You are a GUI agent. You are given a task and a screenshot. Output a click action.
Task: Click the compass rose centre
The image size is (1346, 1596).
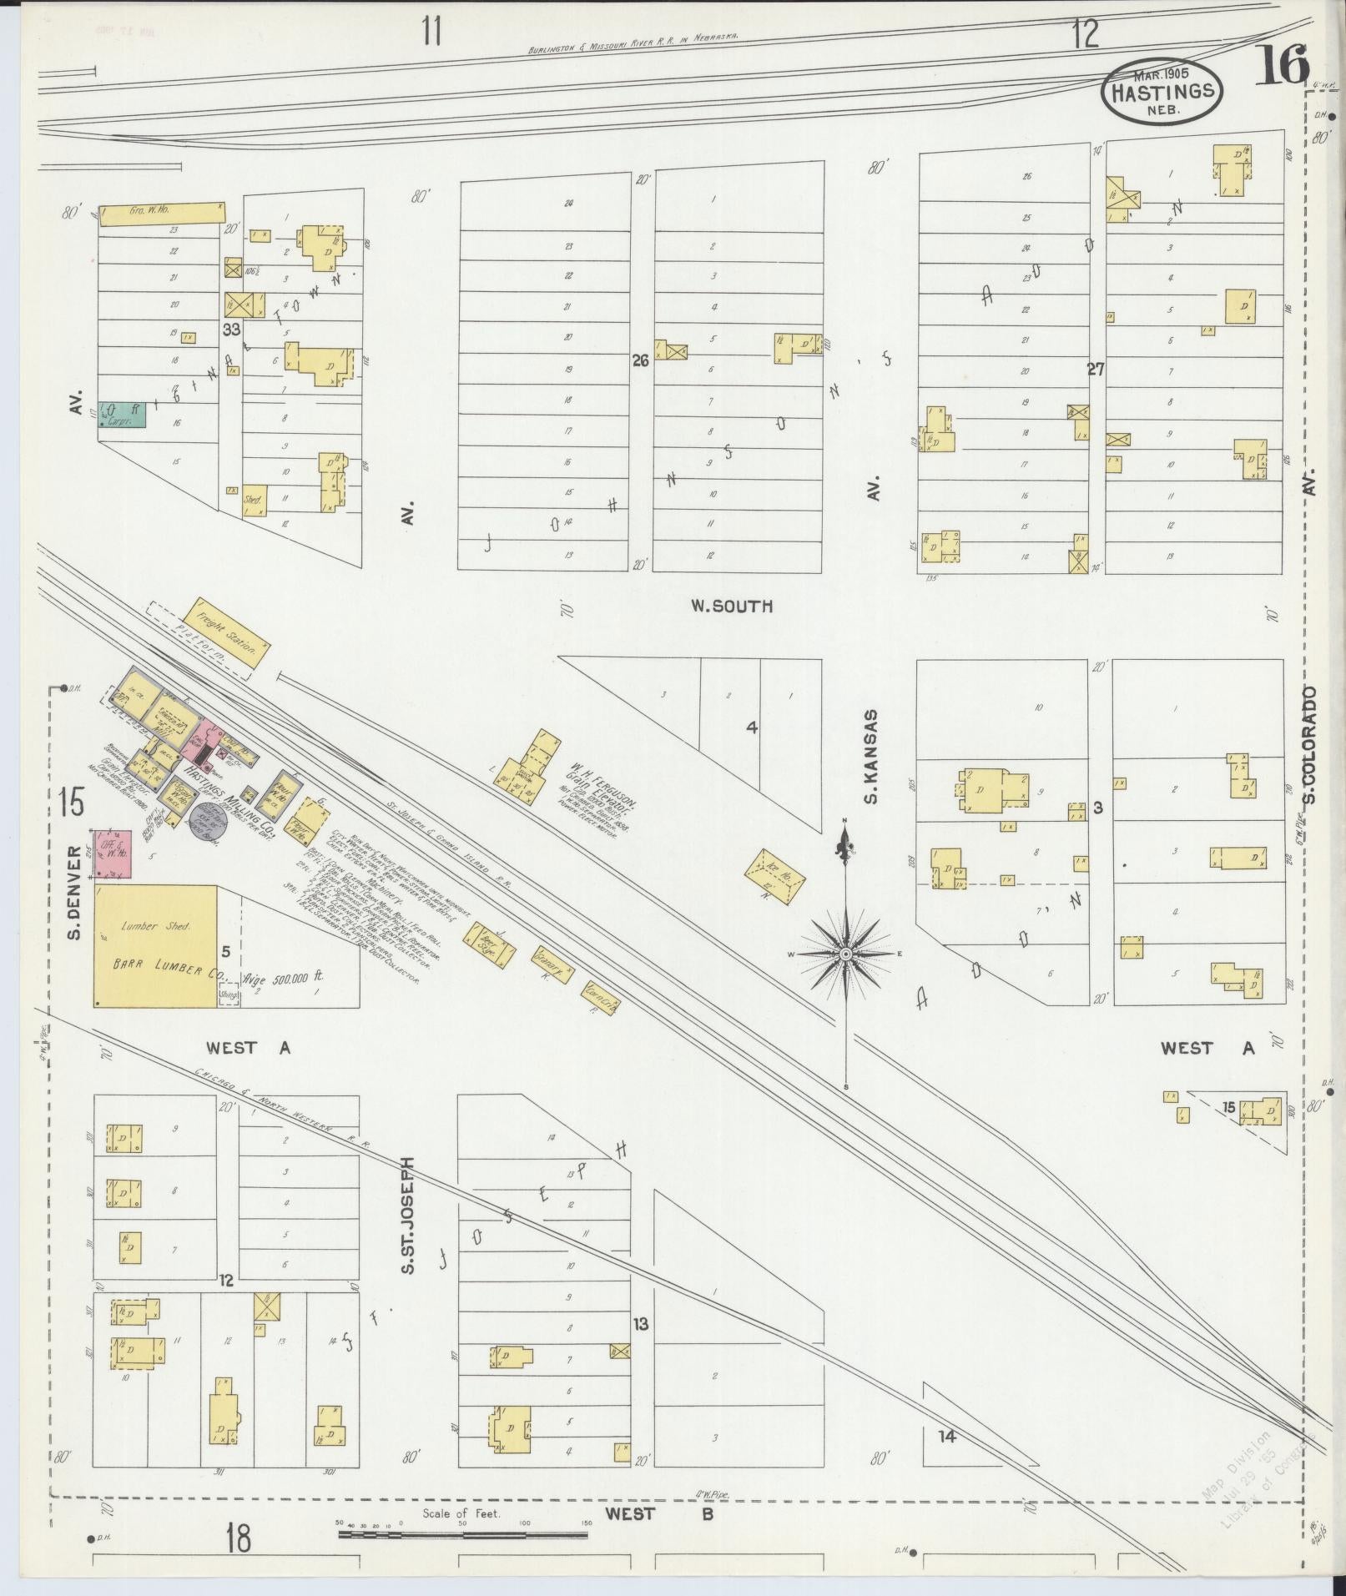point(846,953)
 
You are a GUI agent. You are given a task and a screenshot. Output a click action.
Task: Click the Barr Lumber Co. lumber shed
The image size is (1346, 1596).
point(155,946)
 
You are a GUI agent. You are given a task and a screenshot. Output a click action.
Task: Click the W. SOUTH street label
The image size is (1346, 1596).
point(731,607)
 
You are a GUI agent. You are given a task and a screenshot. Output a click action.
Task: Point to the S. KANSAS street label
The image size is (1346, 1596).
point(871,757)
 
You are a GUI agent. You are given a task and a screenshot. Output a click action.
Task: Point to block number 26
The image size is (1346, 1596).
point(640,361)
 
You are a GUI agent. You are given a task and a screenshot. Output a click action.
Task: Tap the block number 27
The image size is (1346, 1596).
point(1096,370)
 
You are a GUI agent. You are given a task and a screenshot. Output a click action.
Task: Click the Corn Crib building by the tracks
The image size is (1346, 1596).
point(601,996)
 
